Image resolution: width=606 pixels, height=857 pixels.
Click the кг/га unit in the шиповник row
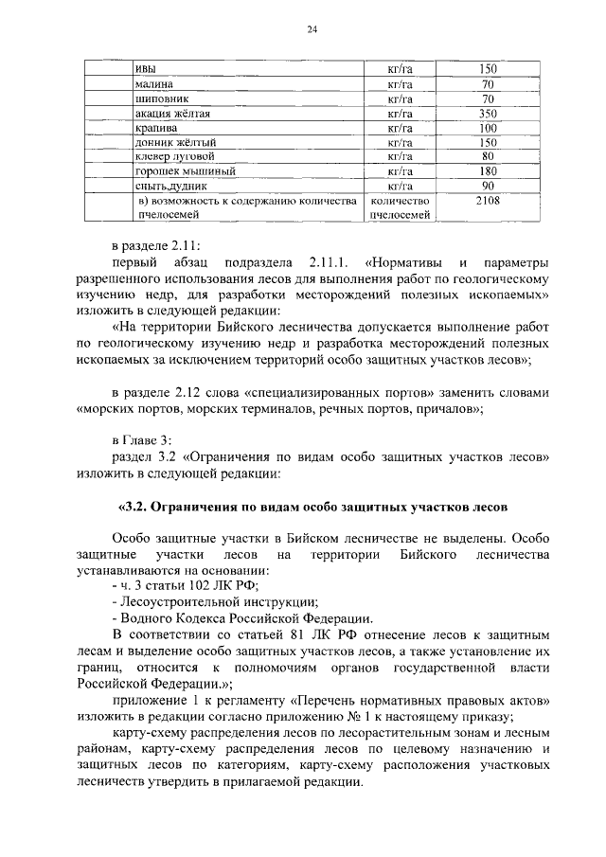(x=400, y=98)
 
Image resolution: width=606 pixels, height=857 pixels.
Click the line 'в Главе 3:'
(x=140, y=438)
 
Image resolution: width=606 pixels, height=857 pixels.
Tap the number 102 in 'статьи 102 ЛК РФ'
(x=185, y=585)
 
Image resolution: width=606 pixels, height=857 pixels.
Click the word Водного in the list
(x=142, y=618)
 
